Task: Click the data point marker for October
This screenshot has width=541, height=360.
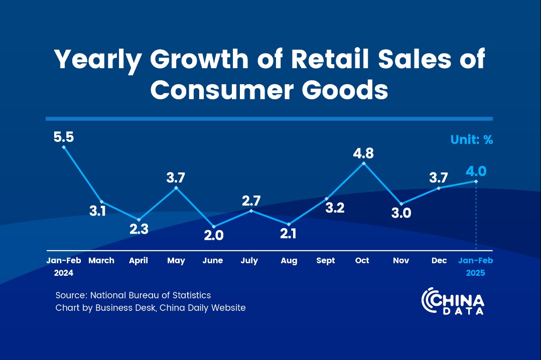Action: [x=364, y=163]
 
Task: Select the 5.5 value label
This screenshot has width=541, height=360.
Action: [x=64, y=136]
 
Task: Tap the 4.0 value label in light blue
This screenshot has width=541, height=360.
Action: [x=475, y=171]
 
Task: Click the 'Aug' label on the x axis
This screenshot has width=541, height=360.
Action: [x=289, y=261]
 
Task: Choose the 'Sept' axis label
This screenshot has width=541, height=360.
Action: [x=326, y=261]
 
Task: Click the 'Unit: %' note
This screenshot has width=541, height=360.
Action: [x=471, y=140]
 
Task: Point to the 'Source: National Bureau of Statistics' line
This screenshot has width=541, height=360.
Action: [x=133, y=295]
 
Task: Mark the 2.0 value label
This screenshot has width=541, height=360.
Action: [x=214, y=236]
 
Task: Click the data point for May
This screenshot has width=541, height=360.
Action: [x=176, y=188]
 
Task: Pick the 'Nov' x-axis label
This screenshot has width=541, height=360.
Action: [x=401, y=261]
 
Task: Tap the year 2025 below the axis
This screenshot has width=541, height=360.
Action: [x=475, y=273]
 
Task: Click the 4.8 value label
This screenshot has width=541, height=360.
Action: [x=363, y=153]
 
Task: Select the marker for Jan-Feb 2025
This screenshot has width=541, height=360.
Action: [x=475, y=181]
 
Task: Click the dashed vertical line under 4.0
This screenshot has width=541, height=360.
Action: [x=475, y=216]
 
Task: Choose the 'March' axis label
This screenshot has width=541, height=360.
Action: [x=101, y=261]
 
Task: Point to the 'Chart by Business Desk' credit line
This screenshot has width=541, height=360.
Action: [x=151, y=308]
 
